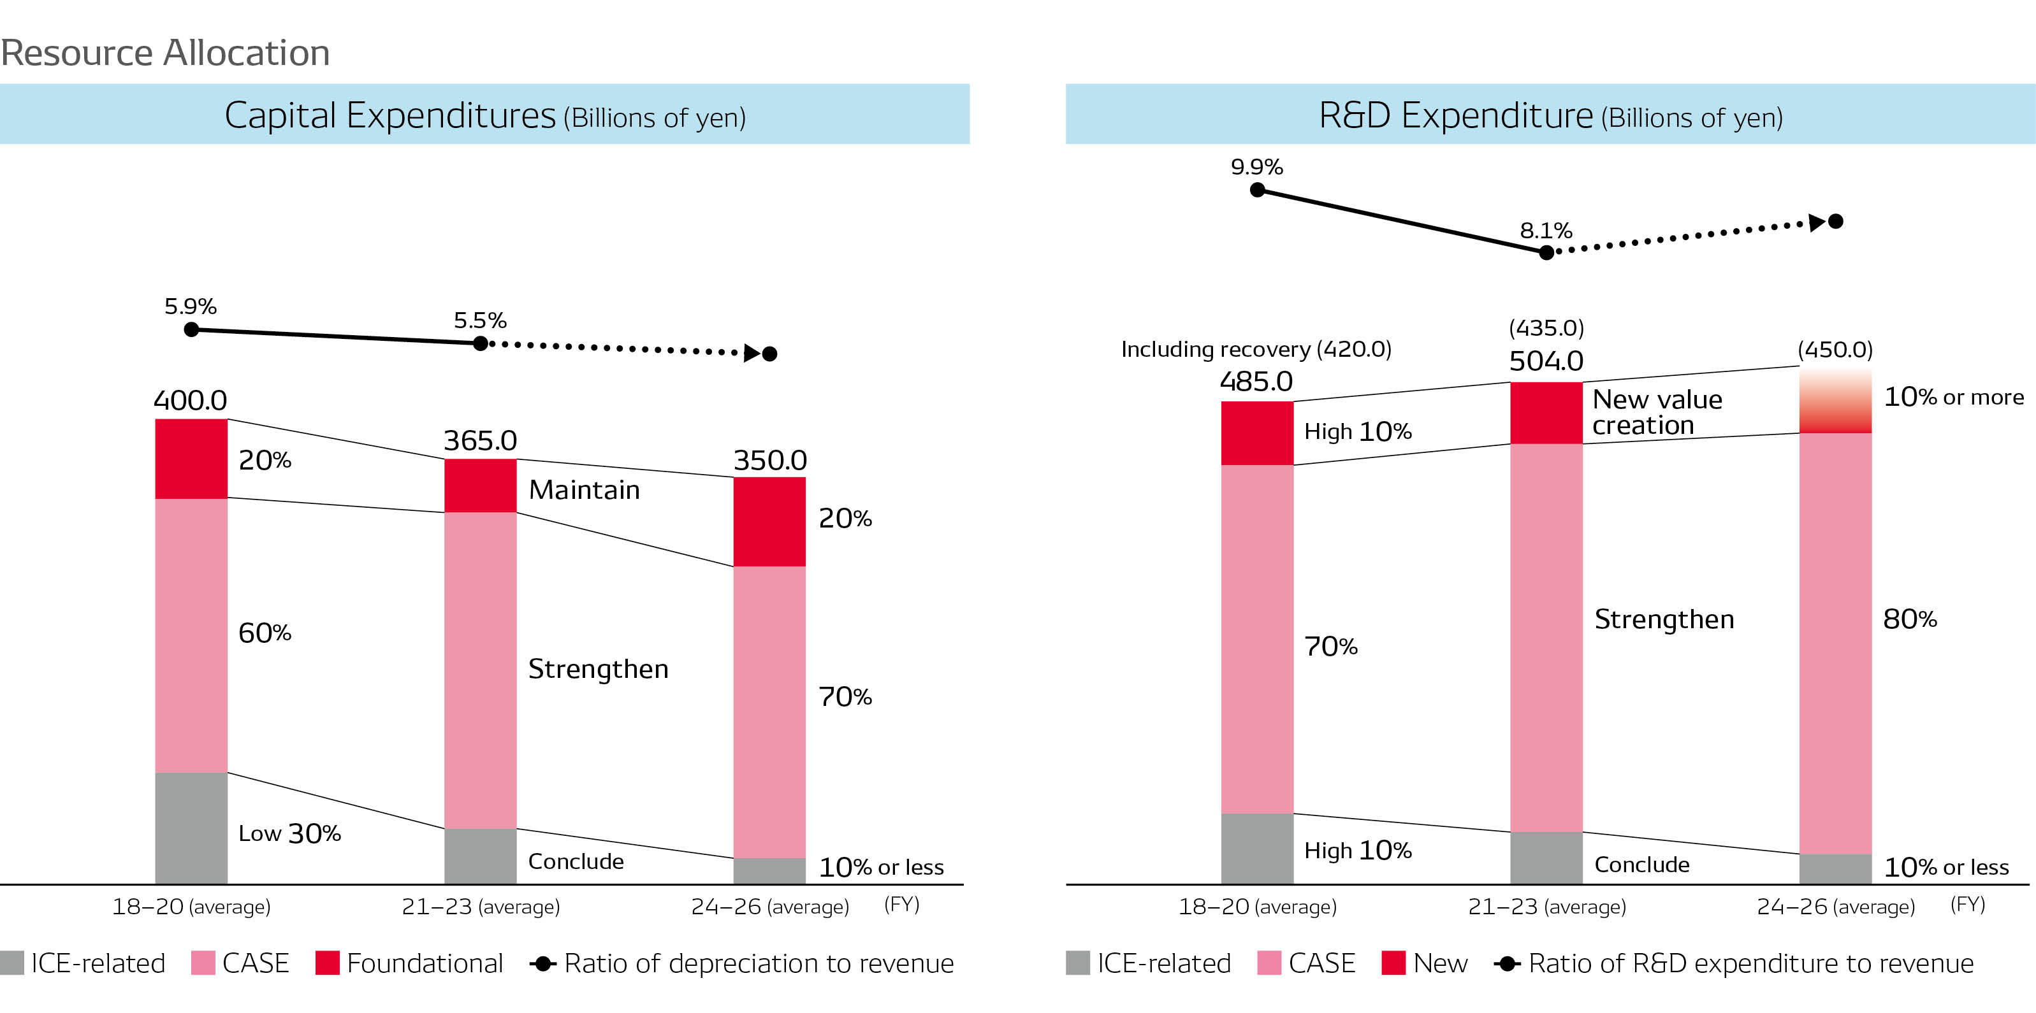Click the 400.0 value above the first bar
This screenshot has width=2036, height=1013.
click(190, 400)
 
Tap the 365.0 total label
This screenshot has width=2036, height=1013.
click(480, 440)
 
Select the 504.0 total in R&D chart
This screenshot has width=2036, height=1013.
click(1546, 361)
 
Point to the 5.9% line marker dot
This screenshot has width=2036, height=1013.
click(191, 329)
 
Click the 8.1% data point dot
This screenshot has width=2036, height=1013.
click(1546, 253)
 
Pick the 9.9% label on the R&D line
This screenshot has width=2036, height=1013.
click(1256, 167)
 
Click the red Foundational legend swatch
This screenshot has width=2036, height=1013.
click(327, 963)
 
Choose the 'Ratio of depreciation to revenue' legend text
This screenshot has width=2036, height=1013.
click(758, 963)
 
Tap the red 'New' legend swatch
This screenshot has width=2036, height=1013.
click(1393, 963)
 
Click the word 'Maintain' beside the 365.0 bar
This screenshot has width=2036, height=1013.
click(584, 490)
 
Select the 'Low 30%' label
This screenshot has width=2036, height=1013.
click(289, 833)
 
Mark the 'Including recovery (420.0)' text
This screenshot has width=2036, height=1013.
click(1256, 349)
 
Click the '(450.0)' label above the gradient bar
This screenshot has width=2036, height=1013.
click(1835, 349)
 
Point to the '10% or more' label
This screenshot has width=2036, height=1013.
click(1954, 397)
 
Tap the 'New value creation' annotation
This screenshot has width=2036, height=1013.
click(1657, 412)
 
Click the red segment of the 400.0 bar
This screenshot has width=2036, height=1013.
click(191, 458)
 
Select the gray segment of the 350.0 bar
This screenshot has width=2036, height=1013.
click(769, 870)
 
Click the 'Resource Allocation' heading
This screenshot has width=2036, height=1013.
click(165, 53)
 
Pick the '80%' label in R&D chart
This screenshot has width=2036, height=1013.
click(1910, 619)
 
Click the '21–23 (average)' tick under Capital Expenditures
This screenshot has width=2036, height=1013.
click(481, 907)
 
